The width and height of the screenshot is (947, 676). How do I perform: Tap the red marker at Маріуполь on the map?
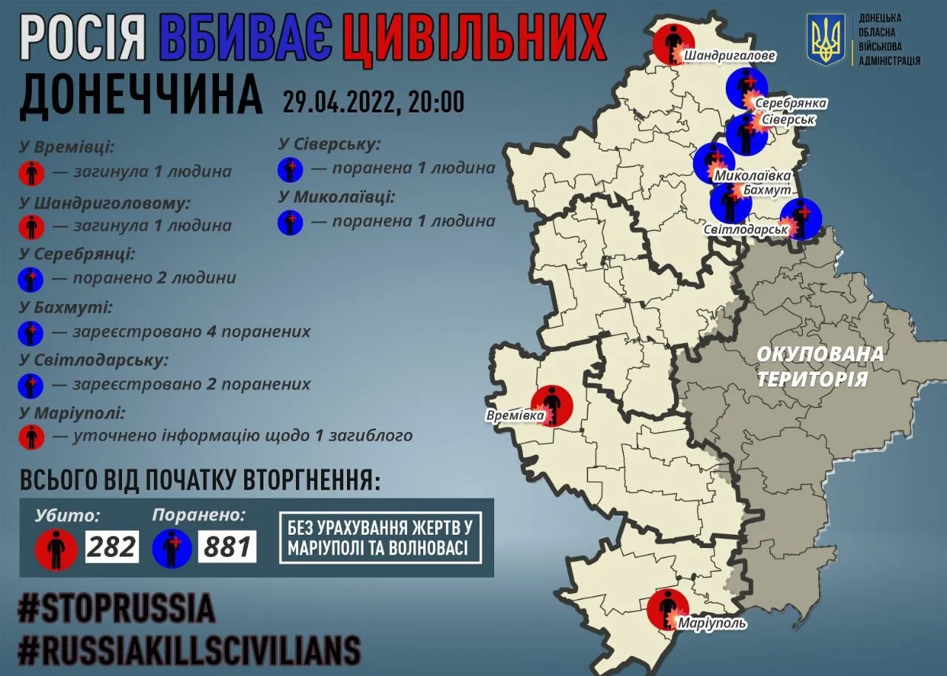click(x=668, y=609)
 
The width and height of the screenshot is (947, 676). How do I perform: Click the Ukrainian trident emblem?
click(x=826, y=40)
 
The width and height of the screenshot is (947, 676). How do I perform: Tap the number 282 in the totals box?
click(x=112, y=547)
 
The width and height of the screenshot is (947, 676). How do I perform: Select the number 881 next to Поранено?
click(x=228, y=547)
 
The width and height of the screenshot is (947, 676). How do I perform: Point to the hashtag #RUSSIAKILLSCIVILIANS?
click(x=189, y=650)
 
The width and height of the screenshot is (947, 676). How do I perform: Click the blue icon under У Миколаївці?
click(x=291, y=222)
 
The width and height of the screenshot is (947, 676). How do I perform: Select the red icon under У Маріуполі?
click(x=31, y=436)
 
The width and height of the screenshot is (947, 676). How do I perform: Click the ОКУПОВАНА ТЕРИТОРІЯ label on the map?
click(x=820, y=366)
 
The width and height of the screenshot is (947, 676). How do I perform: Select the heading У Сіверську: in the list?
click(x=329, y=144)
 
